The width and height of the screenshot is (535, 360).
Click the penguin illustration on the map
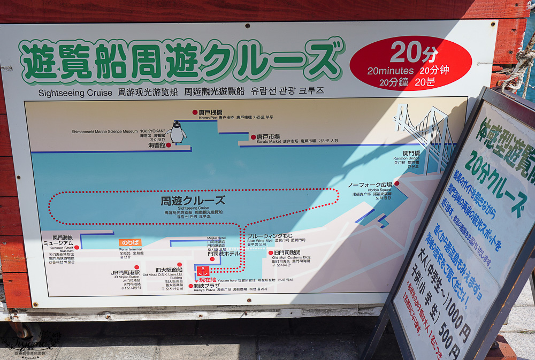point(176,132)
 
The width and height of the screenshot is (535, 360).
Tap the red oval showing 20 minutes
point(410,63)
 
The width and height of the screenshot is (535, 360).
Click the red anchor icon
point(203,271)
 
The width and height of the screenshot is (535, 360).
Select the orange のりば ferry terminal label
point(130,242)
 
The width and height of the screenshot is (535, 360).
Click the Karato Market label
point(268,137)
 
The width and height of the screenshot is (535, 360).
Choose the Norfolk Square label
point(370,185)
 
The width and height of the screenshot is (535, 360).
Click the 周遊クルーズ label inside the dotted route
point(193,202)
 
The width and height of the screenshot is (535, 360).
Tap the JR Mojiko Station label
point(125,273)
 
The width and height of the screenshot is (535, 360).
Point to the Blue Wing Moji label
point(270,236)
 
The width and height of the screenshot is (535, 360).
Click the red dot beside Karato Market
point(254,137)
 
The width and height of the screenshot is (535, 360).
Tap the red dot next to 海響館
point(169,145)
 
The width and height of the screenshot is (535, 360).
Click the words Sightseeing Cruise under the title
point(75,93)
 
